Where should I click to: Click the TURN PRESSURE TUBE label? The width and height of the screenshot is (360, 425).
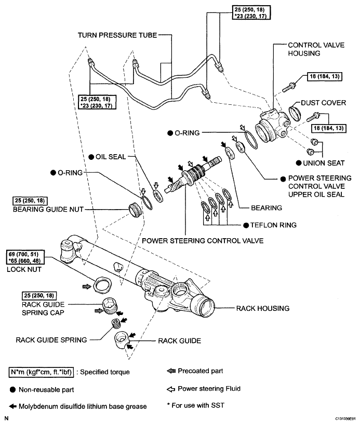[117, 35]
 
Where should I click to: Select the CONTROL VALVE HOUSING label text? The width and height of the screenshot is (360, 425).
[316, 49]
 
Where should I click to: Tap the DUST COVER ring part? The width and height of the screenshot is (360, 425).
[295, 113]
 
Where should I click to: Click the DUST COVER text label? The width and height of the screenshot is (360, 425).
[323, 103]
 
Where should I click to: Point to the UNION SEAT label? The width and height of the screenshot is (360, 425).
[324, 163]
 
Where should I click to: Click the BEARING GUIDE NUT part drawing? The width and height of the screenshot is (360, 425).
[135, 210]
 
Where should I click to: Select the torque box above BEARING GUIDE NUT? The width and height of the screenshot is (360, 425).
[30, 201]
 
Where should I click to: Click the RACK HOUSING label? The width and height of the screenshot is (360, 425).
[263, 308]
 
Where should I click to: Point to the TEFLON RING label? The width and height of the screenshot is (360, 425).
[273, 225]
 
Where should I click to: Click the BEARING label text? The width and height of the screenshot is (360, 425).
[266, 208]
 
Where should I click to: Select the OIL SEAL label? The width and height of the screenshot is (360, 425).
[111, 157]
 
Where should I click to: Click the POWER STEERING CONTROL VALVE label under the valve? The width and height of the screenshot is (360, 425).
[203, 241]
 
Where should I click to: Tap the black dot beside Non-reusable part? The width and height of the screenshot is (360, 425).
[13, 390]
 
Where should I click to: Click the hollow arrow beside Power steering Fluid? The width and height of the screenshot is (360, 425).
[170, 389]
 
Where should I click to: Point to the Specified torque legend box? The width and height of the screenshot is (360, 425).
[41, 372]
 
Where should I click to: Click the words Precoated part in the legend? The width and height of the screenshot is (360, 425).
[200, 371]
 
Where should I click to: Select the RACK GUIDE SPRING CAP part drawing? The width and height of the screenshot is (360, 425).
[110, 306]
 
